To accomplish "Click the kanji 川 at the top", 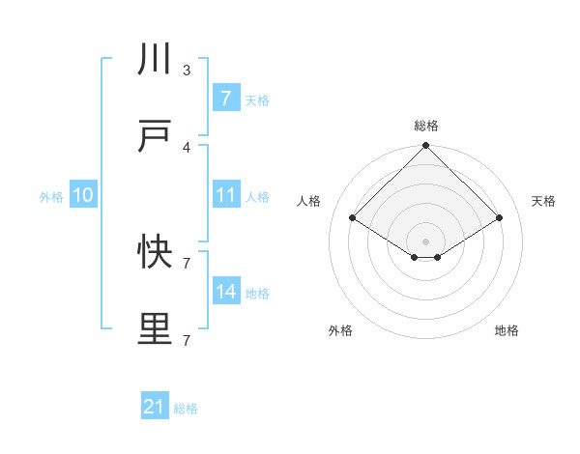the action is tap(155, 60).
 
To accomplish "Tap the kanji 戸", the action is tap(155, 137).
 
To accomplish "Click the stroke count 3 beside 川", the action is tap(187, 71).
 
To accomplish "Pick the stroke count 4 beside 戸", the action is tap(187, 148).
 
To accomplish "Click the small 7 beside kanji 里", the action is tap(187, 340).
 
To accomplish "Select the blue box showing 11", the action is tap(225, 195).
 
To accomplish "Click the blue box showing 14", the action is tap(225, 292).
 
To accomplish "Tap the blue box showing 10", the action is tap(82, 195).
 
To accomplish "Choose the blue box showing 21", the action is tap(155, 408).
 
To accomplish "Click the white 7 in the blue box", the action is tap(225, 99).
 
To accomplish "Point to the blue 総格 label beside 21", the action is tap(186, 409).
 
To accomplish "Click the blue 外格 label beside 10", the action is tap(51, 196).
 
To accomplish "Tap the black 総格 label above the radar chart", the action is tap(425, 126).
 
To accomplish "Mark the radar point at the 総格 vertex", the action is tap(425, 147).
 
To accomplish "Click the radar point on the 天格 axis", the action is tap(499, 218).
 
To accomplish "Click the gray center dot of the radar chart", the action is tap(425, 241).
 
